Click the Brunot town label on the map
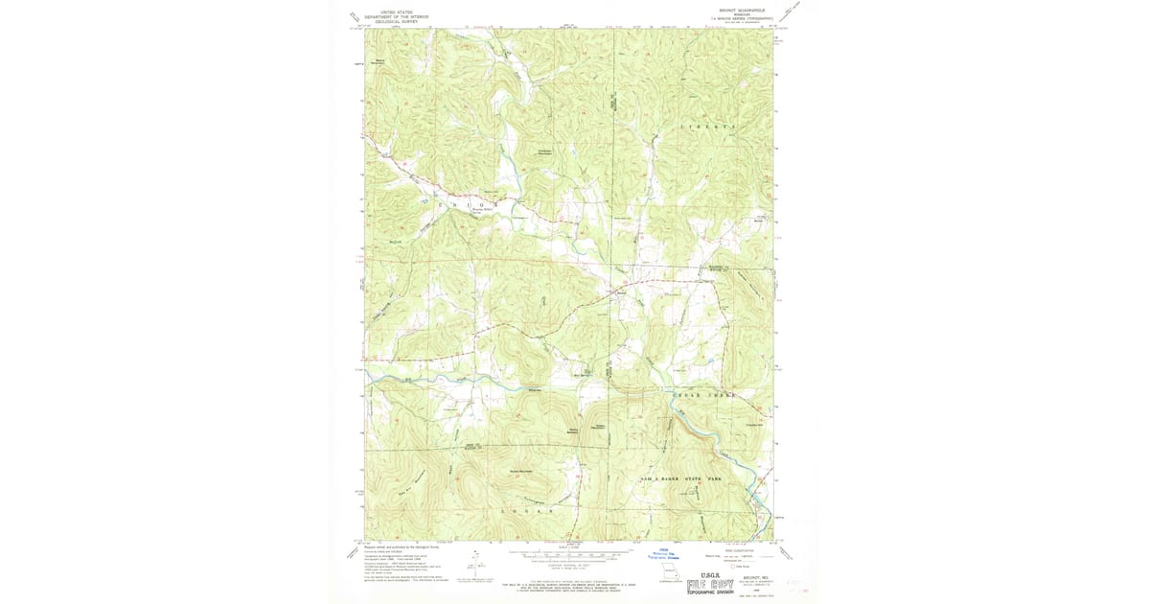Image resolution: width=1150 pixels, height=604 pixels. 620,292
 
